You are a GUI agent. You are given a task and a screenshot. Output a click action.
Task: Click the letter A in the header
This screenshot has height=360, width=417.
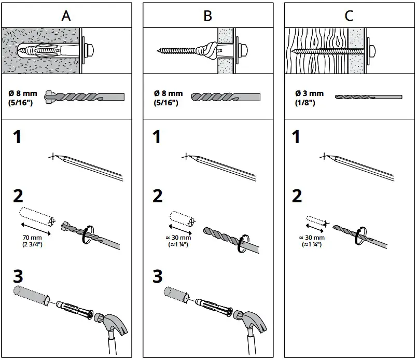pos(66,16)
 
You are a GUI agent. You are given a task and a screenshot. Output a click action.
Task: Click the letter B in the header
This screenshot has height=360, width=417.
pos(207,16)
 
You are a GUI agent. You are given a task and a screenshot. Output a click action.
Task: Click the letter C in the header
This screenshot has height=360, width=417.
pos(349,16)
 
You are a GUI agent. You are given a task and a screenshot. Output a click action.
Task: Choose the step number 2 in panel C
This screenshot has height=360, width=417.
pos(297,196)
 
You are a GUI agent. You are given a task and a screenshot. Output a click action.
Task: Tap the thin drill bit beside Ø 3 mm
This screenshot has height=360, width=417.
pos(368,97)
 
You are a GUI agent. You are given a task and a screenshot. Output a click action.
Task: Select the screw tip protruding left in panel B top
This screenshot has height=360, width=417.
pos(161,51)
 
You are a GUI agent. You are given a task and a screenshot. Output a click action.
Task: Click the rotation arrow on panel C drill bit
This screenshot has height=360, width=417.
pos(357,236)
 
